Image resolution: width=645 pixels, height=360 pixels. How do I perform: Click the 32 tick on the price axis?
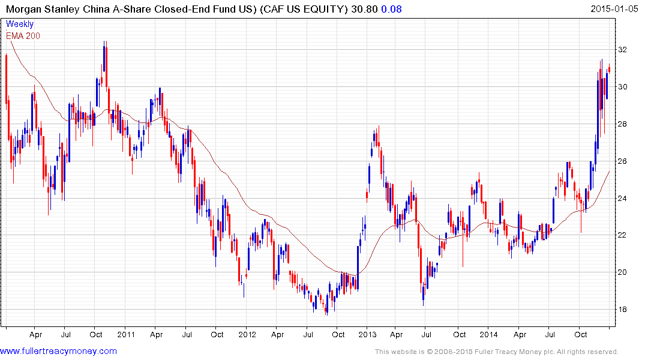(623, 50)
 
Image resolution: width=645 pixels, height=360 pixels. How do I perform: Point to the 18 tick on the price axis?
(623, 310)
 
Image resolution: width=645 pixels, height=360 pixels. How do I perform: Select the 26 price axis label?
(623, 161)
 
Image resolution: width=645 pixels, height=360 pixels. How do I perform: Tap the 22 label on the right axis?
(623, 235)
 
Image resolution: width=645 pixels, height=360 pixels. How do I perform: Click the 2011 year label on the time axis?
(126, 334)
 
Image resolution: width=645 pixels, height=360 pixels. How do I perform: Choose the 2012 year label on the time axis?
(247, 334)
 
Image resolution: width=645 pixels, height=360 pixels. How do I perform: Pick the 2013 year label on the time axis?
(368, 334)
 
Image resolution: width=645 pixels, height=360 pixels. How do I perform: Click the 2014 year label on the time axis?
(488, 334)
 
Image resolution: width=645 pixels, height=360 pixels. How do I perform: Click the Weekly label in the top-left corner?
(20, 25)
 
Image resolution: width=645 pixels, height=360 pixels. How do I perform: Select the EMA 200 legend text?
(23, 35)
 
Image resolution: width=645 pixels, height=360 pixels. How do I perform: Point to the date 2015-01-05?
(614, 9)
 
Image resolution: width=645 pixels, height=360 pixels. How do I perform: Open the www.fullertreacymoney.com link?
(59, 351)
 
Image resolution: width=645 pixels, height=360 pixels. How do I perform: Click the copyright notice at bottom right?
(496, 352)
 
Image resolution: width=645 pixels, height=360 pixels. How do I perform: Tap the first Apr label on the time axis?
(35, 334)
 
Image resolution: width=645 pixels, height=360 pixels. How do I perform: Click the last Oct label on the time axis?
(580, 334)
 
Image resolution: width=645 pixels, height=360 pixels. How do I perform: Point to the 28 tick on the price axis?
(623, 124)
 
